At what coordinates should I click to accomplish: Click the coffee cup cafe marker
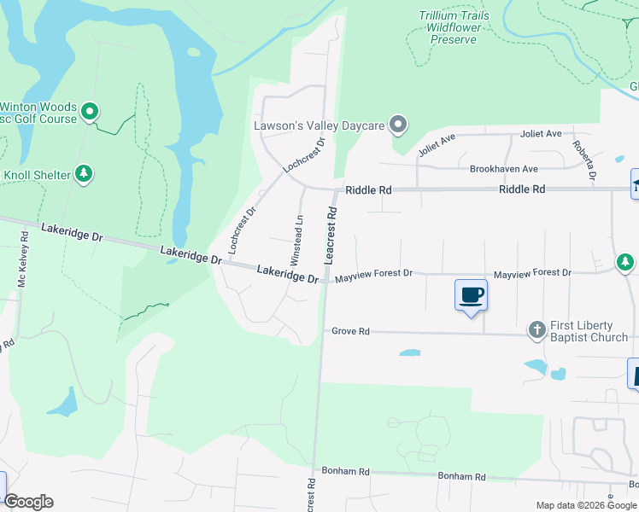[x=471, y=295]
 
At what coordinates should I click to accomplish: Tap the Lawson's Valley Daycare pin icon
[x=397, y=125]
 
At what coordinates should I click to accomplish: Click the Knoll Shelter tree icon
[x=84, y=175]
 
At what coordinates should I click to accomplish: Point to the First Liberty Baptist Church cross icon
[x=537, y=329]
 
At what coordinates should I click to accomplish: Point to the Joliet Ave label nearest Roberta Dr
[x=541, y=134]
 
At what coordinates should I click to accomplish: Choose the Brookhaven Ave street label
[x=504, y=169]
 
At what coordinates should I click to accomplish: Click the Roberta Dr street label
[x=584, y=160]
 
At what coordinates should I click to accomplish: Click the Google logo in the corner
[x=28, y=502]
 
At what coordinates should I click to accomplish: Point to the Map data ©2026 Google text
[x=586, y=505]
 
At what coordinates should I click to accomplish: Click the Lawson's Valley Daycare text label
[x=319, y=125]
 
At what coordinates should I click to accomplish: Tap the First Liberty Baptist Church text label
[x=589, y=331]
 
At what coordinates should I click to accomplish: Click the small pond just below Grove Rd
[x=409, y=352]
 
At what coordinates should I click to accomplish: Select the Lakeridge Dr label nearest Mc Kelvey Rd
[x=72, y=234]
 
